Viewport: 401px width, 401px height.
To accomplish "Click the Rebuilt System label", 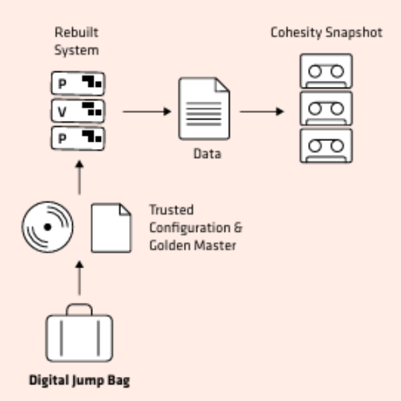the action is pos(76,41).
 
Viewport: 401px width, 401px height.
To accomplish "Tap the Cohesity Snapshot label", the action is pos(326,33).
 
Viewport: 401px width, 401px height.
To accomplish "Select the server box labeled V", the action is pos(78,111).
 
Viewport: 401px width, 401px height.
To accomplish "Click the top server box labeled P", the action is pos(78,84).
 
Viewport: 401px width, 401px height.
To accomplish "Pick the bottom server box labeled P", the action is pos(78,138).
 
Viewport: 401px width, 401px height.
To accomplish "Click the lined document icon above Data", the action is pos(204,108).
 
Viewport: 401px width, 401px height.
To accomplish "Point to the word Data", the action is pos(207,154).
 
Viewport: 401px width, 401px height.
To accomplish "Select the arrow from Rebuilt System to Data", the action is pos(147,112).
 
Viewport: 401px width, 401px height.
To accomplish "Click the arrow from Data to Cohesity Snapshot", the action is pos(262,112).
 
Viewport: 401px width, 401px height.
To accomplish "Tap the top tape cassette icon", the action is pos(326,71).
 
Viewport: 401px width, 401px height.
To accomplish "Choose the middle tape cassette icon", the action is pos(326,108).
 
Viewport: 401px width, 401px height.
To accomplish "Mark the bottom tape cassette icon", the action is pos(326,146).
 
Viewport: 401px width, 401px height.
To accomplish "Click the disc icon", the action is pos(47,227).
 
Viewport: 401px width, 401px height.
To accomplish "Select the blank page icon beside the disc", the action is pos(111,228).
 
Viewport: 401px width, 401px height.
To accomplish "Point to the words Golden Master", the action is pos(192,245).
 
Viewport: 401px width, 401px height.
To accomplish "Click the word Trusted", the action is pos(171,210).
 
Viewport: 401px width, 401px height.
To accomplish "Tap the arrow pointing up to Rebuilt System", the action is pos(80,178).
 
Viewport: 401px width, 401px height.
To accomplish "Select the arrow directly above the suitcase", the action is pos(80,278).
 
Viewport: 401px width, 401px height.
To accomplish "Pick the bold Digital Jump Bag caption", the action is pos(80,380).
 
